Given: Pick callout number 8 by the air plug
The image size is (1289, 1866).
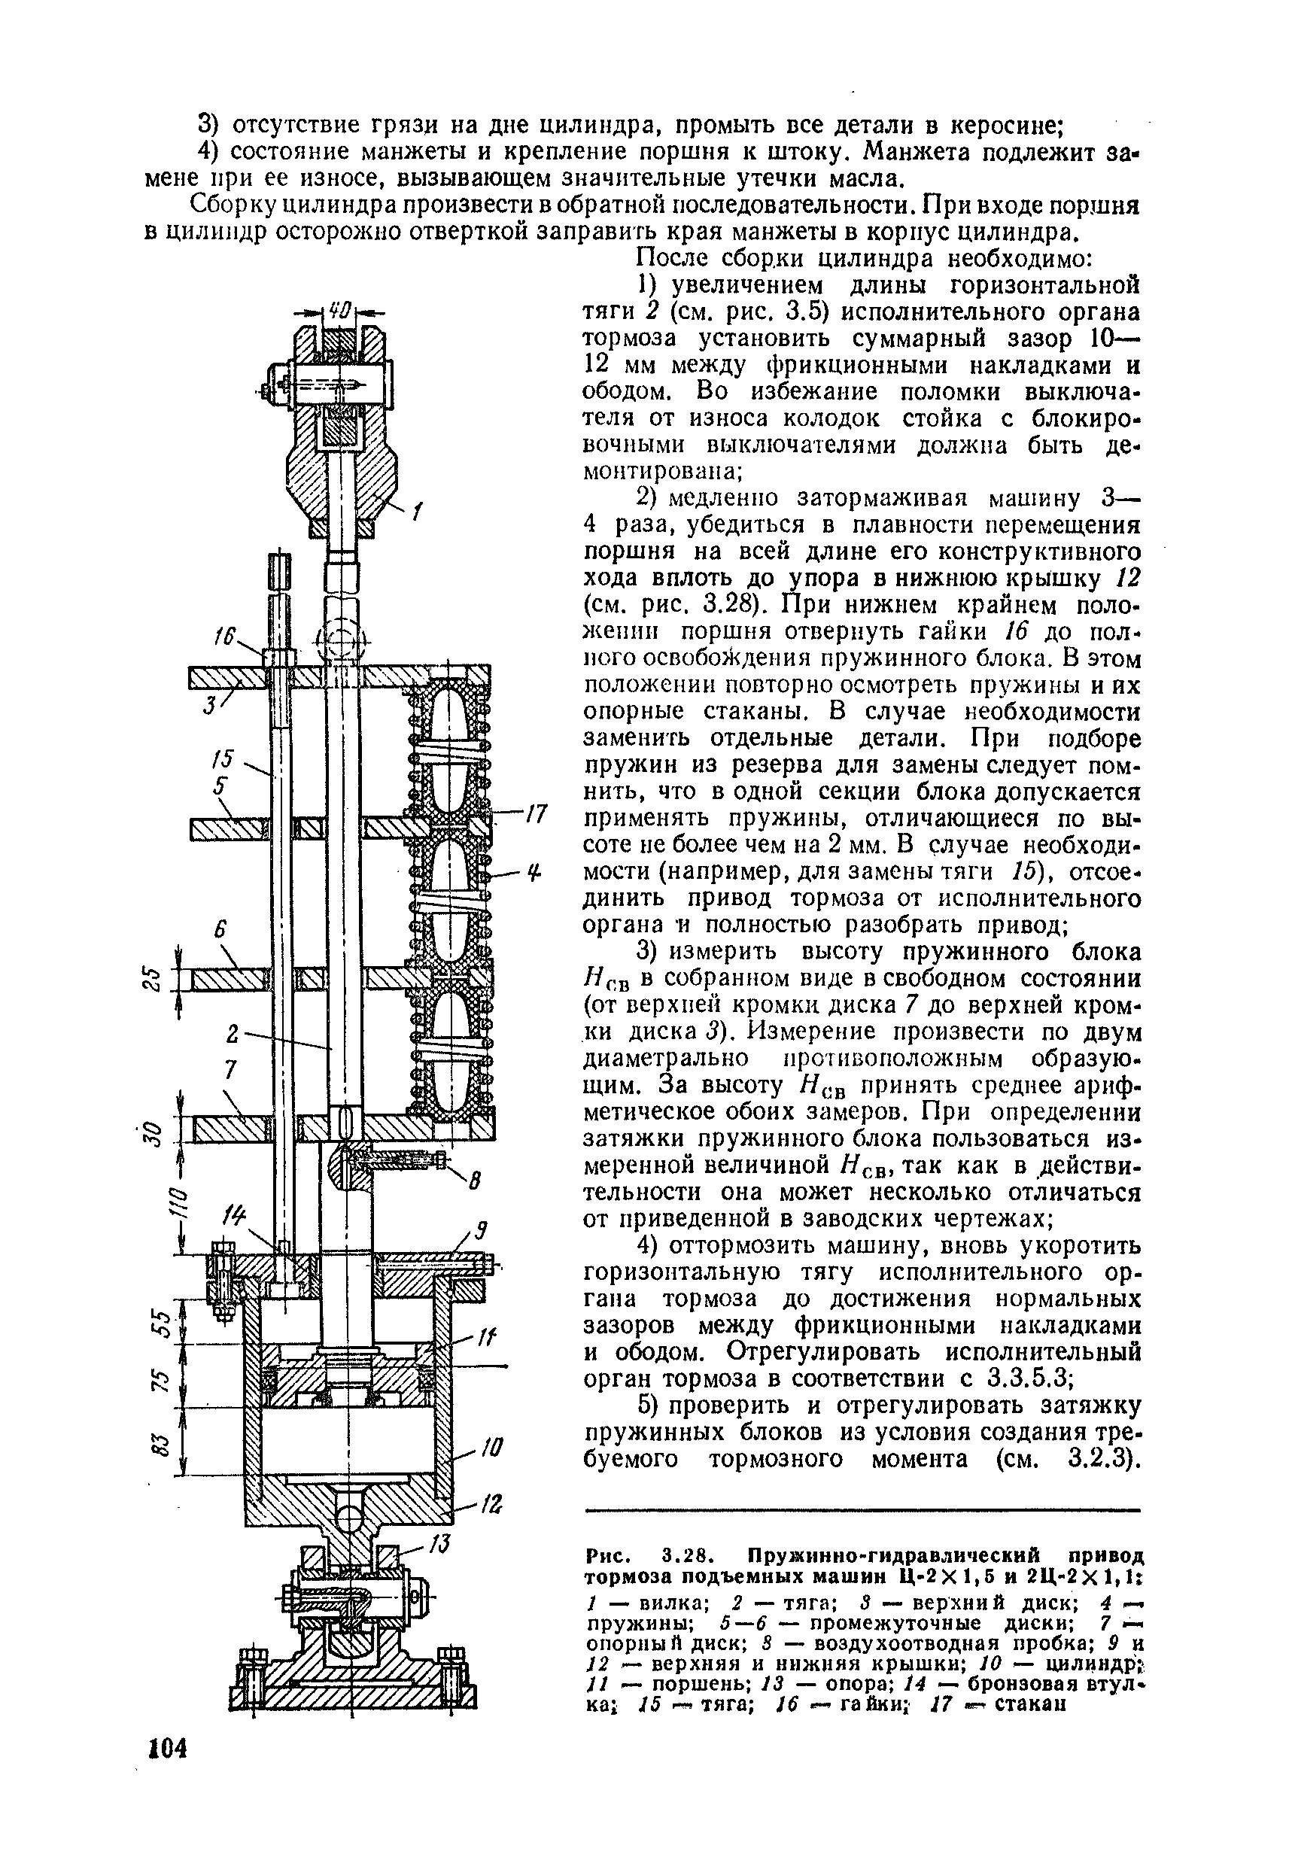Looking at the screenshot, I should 474,1183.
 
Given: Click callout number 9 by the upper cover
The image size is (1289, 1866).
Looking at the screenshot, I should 480,1232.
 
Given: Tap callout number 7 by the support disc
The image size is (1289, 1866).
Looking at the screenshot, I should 230,1070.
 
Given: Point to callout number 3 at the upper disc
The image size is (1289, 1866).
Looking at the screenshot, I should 209,704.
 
